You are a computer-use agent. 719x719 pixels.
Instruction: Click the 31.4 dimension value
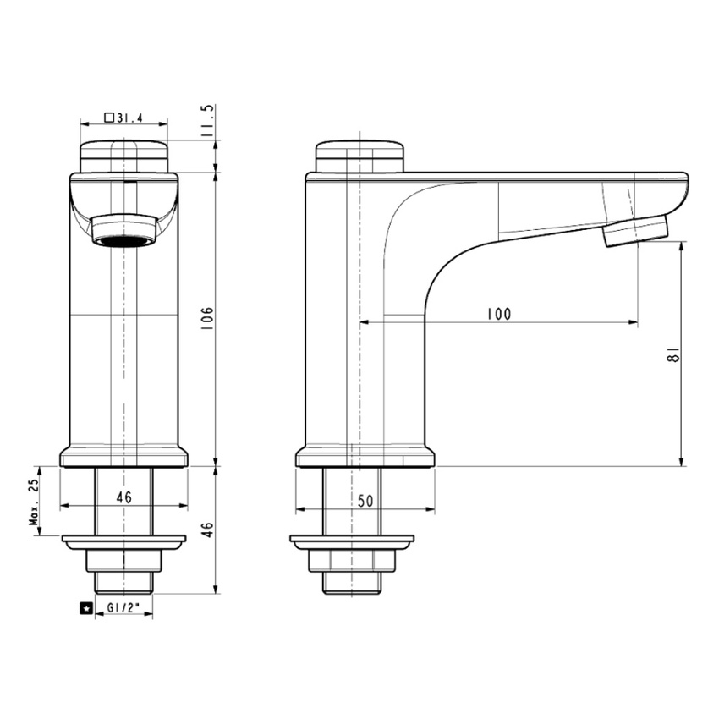click(129, 118)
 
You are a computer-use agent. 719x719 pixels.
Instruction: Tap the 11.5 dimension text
click(208, 121)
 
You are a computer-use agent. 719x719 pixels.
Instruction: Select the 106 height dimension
click(207, 316)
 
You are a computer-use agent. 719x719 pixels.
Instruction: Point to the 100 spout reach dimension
click(498, 314)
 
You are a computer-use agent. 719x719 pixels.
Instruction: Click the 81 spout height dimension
click(672, 354)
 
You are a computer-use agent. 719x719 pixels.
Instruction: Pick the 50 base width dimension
click(365, 502)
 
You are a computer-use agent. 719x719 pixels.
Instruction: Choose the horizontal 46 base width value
click(123, 497)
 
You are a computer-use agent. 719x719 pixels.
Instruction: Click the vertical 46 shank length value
click(208, 530)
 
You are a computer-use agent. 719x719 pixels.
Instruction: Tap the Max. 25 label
click(34, 502)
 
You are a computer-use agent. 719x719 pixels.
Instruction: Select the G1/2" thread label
click(123, 607)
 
